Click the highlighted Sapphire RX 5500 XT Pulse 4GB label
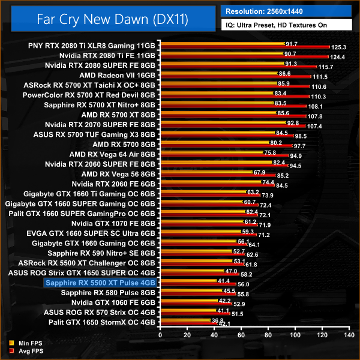pyautogui.click(x=100, y=282)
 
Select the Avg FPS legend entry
pyautogui.click(x=26, y=350)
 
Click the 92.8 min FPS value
pyautogui.click(x=293, y=122)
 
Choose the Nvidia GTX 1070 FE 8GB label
pyautogui.click(x=113, y=223)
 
